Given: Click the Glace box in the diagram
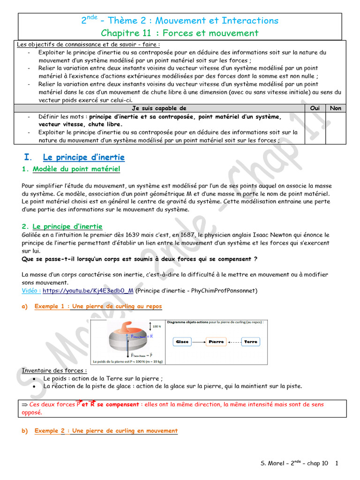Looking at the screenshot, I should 182,342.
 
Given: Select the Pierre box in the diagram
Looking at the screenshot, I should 216,342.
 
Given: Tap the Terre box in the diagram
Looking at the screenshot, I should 251,342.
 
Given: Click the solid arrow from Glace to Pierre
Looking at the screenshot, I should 199,342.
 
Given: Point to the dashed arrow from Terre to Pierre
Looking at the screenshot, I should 233,342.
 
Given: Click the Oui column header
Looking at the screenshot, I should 315,108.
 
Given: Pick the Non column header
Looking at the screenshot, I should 336,108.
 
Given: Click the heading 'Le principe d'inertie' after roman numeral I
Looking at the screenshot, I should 83,157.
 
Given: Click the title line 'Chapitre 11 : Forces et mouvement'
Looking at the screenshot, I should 180,33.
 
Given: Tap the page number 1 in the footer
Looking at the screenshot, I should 337,464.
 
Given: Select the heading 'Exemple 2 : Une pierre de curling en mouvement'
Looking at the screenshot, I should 106,431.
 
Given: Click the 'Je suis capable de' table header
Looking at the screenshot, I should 159,108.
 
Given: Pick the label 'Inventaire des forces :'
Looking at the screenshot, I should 54,371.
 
